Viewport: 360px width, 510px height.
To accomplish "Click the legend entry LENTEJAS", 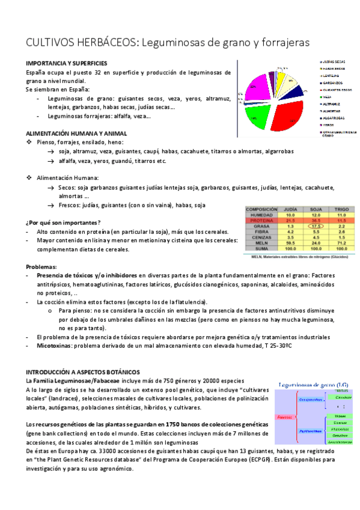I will point(333,76).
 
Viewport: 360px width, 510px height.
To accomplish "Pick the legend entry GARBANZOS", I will point(333,83).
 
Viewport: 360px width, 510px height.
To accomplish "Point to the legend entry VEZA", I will point(328,97).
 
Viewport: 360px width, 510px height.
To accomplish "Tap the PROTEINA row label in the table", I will point(261,221).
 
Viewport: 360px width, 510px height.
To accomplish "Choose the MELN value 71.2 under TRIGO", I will point(341,243).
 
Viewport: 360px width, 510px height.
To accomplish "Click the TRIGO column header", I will point(341,209).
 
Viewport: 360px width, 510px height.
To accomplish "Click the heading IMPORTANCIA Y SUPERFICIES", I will point(67,63).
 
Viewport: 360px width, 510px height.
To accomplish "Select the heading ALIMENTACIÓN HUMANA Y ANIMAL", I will point(76,133).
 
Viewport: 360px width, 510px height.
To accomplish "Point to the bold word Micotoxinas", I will point(53,345).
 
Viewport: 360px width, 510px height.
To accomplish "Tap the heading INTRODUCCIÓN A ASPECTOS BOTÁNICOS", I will point(82,372).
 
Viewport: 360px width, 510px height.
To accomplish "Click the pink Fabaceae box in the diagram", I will point(284,417).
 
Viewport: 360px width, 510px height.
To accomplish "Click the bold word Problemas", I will point(41,266).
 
